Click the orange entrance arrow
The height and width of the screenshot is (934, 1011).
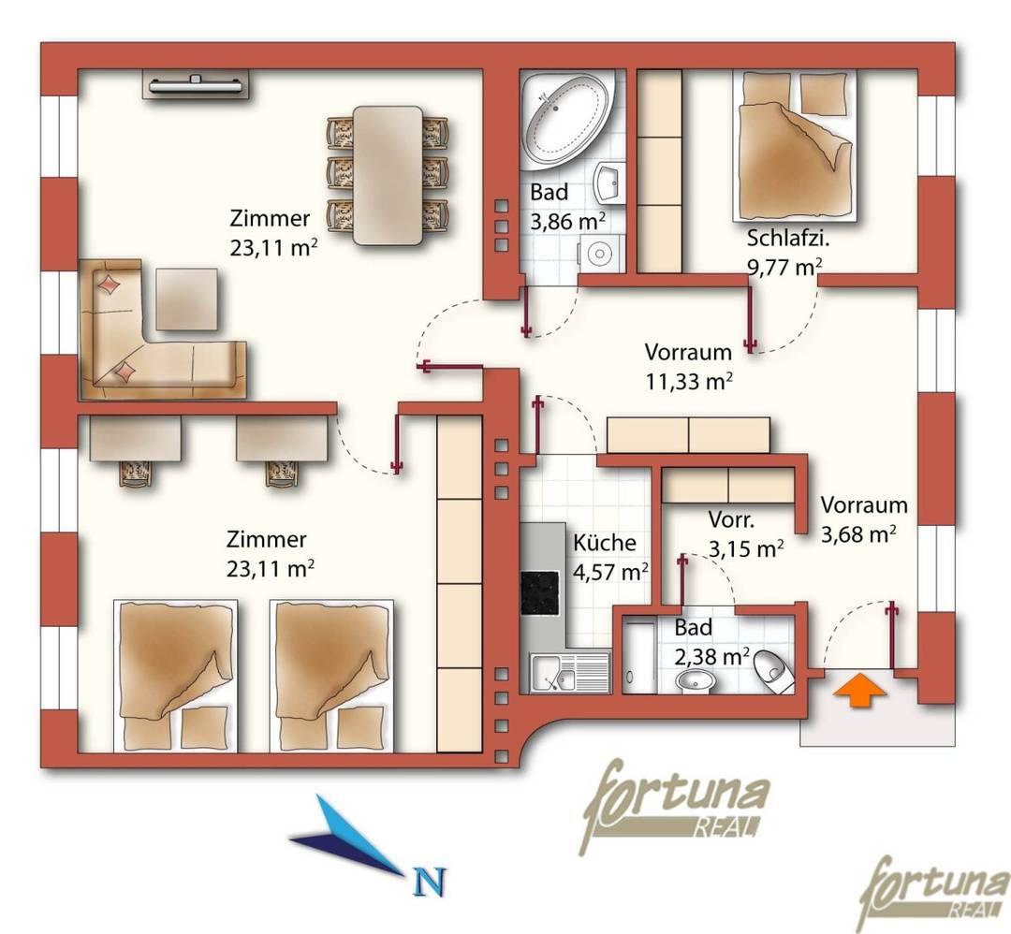[x=861, y=691]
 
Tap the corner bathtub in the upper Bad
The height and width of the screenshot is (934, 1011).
[x=564, y=117]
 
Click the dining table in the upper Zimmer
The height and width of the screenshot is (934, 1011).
[x=388, y=175]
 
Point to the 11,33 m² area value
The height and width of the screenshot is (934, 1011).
[x=689, y=382]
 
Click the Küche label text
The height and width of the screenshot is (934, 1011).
[x=604, y=542]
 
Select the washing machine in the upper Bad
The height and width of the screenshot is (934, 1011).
[x=601, y=254]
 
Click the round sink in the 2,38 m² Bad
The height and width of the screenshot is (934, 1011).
[x=695, y=680]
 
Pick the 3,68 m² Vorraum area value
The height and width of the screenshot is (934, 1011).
[x=858, y=533]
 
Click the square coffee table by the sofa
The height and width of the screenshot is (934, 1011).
[x=187, y=299]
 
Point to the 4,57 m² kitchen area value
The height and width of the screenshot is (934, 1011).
[x=610, y=571]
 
